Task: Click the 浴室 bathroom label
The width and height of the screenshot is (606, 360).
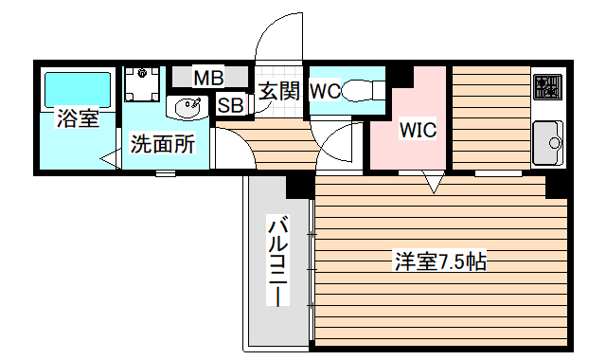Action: click(x=77, y=119)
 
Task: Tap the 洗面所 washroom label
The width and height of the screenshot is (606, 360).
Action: click(x=163, y=145)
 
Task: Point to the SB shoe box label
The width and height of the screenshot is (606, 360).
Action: click(x=230, y=104)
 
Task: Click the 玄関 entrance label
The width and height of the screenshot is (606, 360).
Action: click(x=279, y=91)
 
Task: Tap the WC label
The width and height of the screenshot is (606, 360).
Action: click(x=325, y=91)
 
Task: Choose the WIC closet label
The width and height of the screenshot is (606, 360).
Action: click(x=417, y=130)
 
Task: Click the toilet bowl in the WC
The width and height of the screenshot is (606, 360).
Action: click(x=363, y=91)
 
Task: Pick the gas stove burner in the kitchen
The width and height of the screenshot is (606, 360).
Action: click(x=548, y=88)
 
